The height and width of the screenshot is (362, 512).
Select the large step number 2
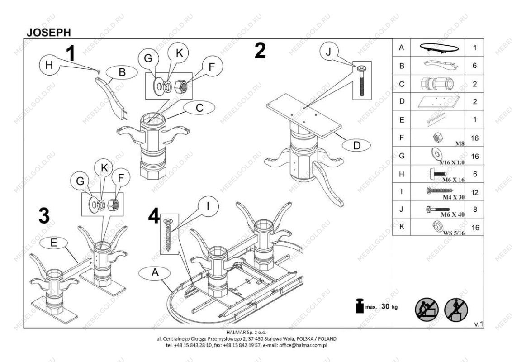tap(260, 51)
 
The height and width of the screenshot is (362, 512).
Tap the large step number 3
tap(44, 216)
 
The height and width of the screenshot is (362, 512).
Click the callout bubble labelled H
tap(49, 65)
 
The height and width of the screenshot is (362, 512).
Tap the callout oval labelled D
tap(356, 145)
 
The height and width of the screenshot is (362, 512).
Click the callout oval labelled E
tap(53, 243)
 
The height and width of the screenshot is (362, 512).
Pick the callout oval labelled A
tap(155, 272)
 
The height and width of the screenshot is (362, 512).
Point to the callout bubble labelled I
tap(207, 207)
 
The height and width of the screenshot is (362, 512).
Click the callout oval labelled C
tap(199, 108)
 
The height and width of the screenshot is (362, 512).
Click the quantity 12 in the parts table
tap(474, 192)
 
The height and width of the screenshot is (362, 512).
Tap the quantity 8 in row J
tap(474, 210)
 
